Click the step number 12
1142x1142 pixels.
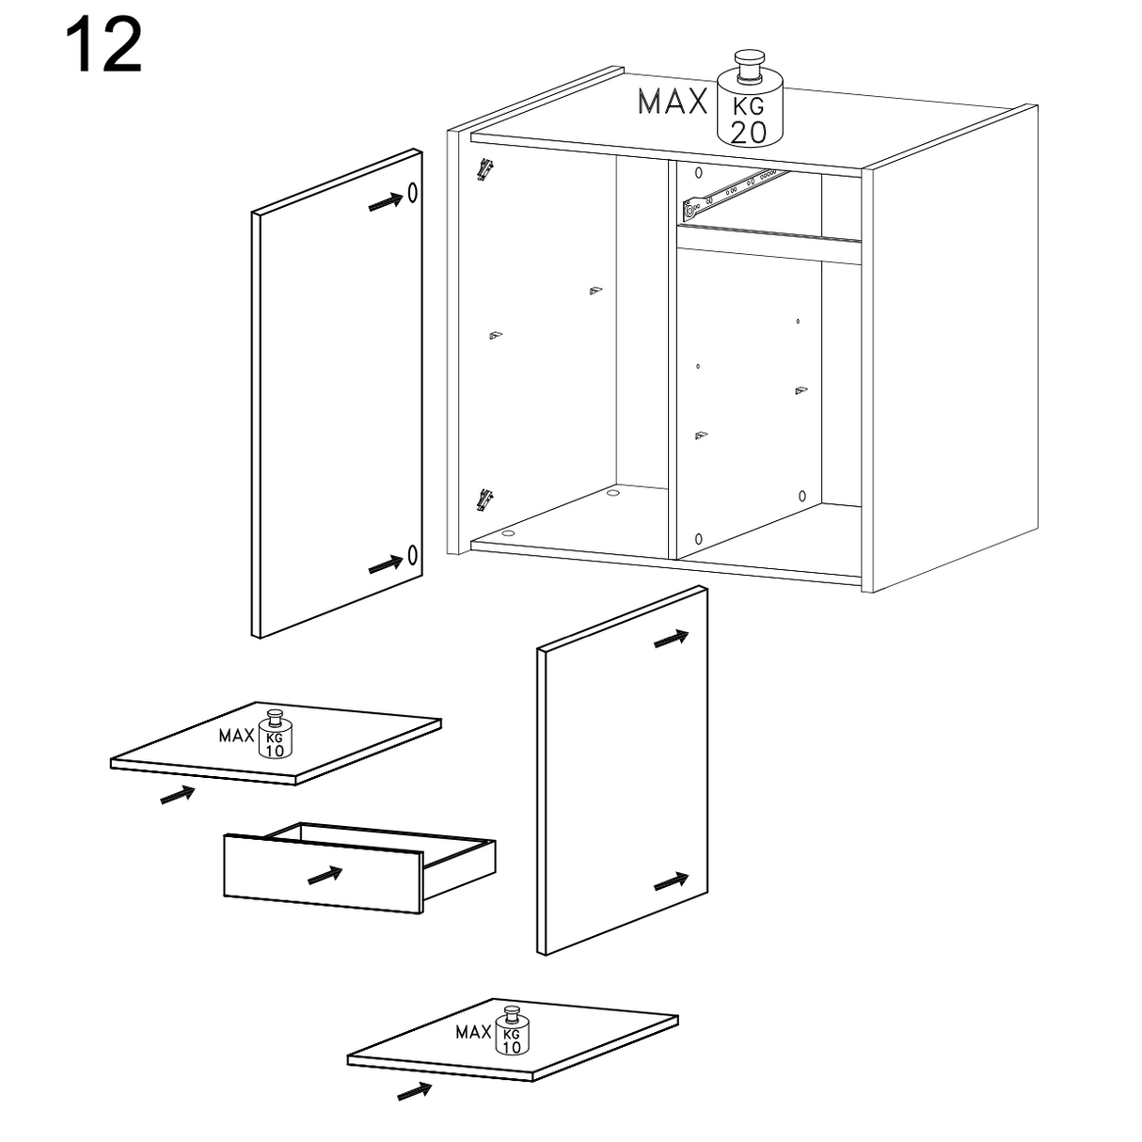[103, 44]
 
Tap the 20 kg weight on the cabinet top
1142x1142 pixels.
[750, 100]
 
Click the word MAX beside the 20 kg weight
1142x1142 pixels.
[674, 102]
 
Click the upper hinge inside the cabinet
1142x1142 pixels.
[486, 169]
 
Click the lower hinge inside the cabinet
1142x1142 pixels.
[486, 500]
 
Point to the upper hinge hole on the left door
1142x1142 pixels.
[412, 193]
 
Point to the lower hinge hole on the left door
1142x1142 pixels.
[412, 555]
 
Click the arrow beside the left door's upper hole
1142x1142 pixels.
[386, 201]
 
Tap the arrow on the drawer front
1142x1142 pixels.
[325, 876]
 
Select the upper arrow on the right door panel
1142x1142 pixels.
[672, 639]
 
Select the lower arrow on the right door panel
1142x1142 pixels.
[672, 881]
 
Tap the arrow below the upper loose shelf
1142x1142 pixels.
[178, 795]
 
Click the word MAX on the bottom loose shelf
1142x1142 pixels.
[473, 1033]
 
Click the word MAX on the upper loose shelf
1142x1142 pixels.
[236, 737]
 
